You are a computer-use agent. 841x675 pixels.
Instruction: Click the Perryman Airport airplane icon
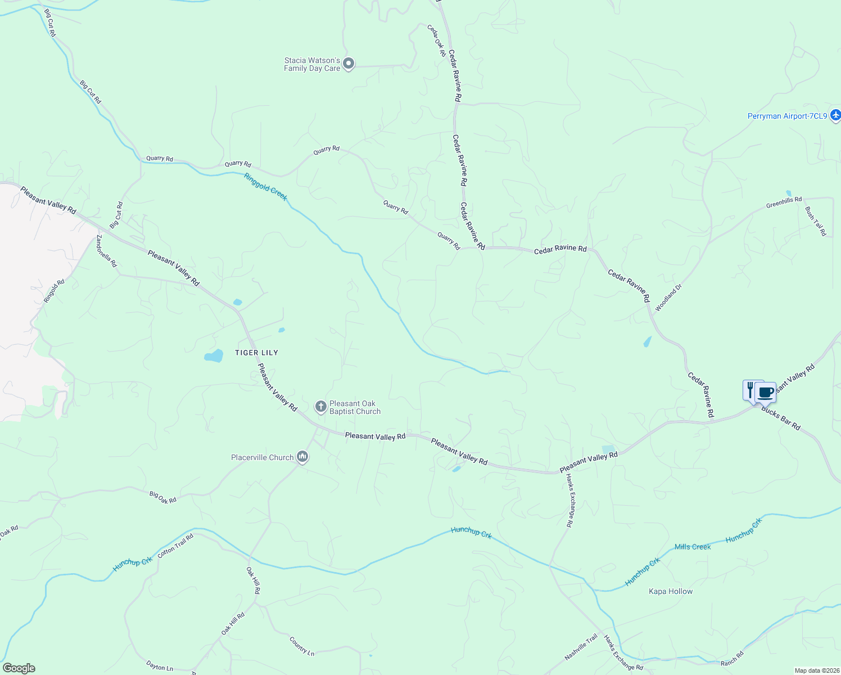(835, 115)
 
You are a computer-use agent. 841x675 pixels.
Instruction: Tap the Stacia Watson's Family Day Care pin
(349, 64)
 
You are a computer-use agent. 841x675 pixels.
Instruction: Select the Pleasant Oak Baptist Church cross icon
(321, 407)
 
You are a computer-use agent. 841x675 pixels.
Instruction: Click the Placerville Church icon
(302, 456)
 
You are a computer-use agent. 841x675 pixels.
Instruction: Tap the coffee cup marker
(766, 392)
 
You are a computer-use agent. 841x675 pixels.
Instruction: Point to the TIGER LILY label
(256, 353)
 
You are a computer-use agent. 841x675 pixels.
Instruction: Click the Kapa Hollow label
(671, 591)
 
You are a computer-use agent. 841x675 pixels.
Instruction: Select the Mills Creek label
(693, 547)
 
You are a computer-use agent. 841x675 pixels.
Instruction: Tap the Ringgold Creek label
(266, 186)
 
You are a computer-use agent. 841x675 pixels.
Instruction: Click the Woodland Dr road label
(668, 298)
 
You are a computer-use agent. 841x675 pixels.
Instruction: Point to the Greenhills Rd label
(784, 202)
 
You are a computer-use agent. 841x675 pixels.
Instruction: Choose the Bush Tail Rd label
(815, 221)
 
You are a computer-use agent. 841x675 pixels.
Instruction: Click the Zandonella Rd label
(106, 251)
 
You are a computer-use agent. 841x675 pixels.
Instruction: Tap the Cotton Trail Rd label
(175, 545)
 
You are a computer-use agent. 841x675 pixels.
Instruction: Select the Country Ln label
(302, 646)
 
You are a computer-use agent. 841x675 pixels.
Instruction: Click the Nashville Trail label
(581, 647)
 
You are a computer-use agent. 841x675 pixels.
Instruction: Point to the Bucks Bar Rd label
(781, 418)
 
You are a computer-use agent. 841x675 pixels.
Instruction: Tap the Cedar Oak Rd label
(436, 40)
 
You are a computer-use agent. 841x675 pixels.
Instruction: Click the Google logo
(19, 668)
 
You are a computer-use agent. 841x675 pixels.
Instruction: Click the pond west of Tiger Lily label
(214, 355)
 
